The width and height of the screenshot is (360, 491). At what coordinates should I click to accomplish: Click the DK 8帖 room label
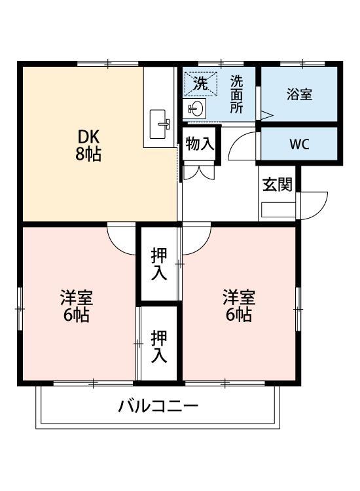click(89, 146)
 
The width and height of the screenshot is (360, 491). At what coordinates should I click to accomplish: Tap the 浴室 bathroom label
click(299, 94)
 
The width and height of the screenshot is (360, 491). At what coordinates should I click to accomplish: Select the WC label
click(299, 144)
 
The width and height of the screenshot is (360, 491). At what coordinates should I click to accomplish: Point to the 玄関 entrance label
click(277, 185)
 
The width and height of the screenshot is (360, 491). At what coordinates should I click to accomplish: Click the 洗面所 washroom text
click(236, 95)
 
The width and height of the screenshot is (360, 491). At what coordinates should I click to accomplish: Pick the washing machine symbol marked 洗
click(198, 84)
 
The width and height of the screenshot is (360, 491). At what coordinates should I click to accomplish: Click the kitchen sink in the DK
click(159, 124)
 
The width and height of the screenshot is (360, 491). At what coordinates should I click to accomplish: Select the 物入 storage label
click(200, 144)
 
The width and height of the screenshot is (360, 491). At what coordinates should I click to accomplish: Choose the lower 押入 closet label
click(158, 347)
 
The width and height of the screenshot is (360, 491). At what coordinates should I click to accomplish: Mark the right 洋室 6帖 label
click(238, 306)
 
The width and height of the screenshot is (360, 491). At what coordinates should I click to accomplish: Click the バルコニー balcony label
click(158, 407)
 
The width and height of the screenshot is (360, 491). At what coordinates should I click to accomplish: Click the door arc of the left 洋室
click(120, 239)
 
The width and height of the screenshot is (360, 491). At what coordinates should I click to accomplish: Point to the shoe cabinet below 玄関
click(278, 210)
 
